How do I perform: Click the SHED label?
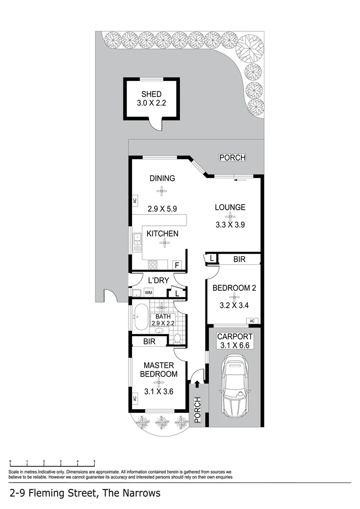coord(151,94)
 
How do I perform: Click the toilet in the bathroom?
coord(178,337)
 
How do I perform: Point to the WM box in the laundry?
coord(149,293)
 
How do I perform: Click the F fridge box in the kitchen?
coord(178,265)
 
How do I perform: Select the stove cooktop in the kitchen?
coord(154,264)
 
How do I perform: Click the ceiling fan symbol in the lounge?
coord(230,216)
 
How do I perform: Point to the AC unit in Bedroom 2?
coord(252,321)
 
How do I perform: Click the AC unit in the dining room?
coord(134,200)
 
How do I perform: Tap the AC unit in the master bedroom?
coord(134,398)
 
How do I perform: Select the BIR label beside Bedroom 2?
coord(239,259)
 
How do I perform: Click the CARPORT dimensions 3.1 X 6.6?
coord(235,346)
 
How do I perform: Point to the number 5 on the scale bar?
coord(94,461)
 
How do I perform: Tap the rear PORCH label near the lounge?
coord(232,157)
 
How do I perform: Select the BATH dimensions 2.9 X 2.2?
coord(163,323)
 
